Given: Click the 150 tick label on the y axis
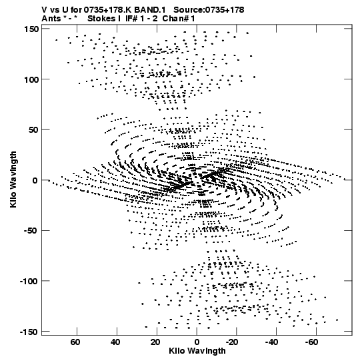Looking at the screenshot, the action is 31,29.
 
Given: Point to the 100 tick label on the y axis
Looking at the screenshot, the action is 31,79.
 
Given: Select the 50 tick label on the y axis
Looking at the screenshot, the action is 34,130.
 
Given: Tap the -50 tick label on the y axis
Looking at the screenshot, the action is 31,231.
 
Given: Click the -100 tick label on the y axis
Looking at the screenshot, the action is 29,281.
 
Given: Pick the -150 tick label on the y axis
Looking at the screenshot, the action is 29,332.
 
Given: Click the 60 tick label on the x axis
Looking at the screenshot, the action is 75,342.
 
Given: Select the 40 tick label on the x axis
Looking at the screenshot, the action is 115,342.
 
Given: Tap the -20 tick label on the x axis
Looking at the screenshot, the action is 232,342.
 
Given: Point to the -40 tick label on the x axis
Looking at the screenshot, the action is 272,342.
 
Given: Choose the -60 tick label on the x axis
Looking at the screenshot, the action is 312,342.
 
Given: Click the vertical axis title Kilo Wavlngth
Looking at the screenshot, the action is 13,179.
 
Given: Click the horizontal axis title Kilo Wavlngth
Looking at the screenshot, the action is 197,351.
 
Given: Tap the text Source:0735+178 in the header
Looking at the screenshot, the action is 209,10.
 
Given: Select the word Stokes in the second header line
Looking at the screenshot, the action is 101,19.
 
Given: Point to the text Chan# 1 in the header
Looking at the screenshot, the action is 179,19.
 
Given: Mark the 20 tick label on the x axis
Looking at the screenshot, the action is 155,342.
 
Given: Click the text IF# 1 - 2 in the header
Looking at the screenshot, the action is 141,19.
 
